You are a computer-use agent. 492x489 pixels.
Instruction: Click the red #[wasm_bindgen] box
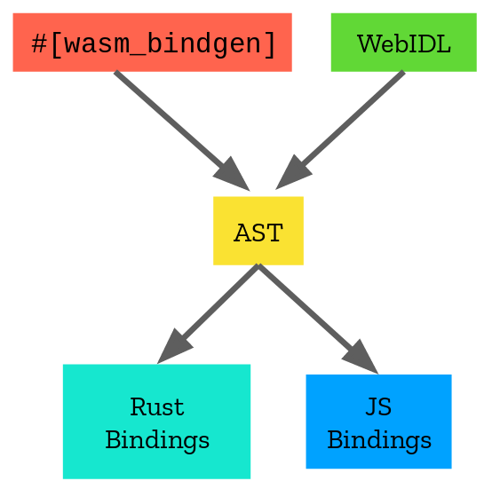(x=152, y=43)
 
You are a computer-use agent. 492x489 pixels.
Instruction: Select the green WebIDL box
(x=404, y=43)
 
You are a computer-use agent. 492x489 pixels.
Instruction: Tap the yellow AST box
(x=258, y=231)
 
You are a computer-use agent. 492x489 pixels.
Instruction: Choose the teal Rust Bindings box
(x=156, y=422)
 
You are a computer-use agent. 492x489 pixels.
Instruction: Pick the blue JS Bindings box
(x=378, y=422)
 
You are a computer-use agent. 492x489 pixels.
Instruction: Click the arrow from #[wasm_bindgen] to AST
(x=182, y=131)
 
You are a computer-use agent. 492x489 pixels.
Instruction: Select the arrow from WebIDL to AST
(x=340, y=130)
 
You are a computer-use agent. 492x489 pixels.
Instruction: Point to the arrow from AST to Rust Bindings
(x=207, y=314)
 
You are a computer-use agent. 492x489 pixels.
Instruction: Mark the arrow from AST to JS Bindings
(x=318, y=319)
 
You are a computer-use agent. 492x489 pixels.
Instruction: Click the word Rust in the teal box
(x=157, y=407)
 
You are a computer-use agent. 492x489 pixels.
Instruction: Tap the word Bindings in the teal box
(x=157, y=440)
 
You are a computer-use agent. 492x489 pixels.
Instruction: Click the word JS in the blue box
(x=378, y=406)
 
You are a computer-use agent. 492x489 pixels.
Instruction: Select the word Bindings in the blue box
(x=379, y=440)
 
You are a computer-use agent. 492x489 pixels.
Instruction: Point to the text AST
(x=258, y=233)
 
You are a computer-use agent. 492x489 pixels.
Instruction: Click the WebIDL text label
(x=404, y=43)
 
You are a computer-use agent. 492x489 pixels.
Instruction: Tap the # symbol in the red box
(x=39, y=43)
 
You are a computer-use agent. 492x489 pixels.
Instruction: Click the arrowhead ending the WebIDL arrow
(x=292, y=173)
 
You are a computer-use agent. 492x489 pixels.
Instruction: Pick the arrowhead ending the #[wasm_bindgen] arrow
(x=233, y=175)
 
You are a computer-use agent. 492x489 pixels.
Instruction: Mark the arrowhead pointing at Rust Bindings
(x=173, y=347)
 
